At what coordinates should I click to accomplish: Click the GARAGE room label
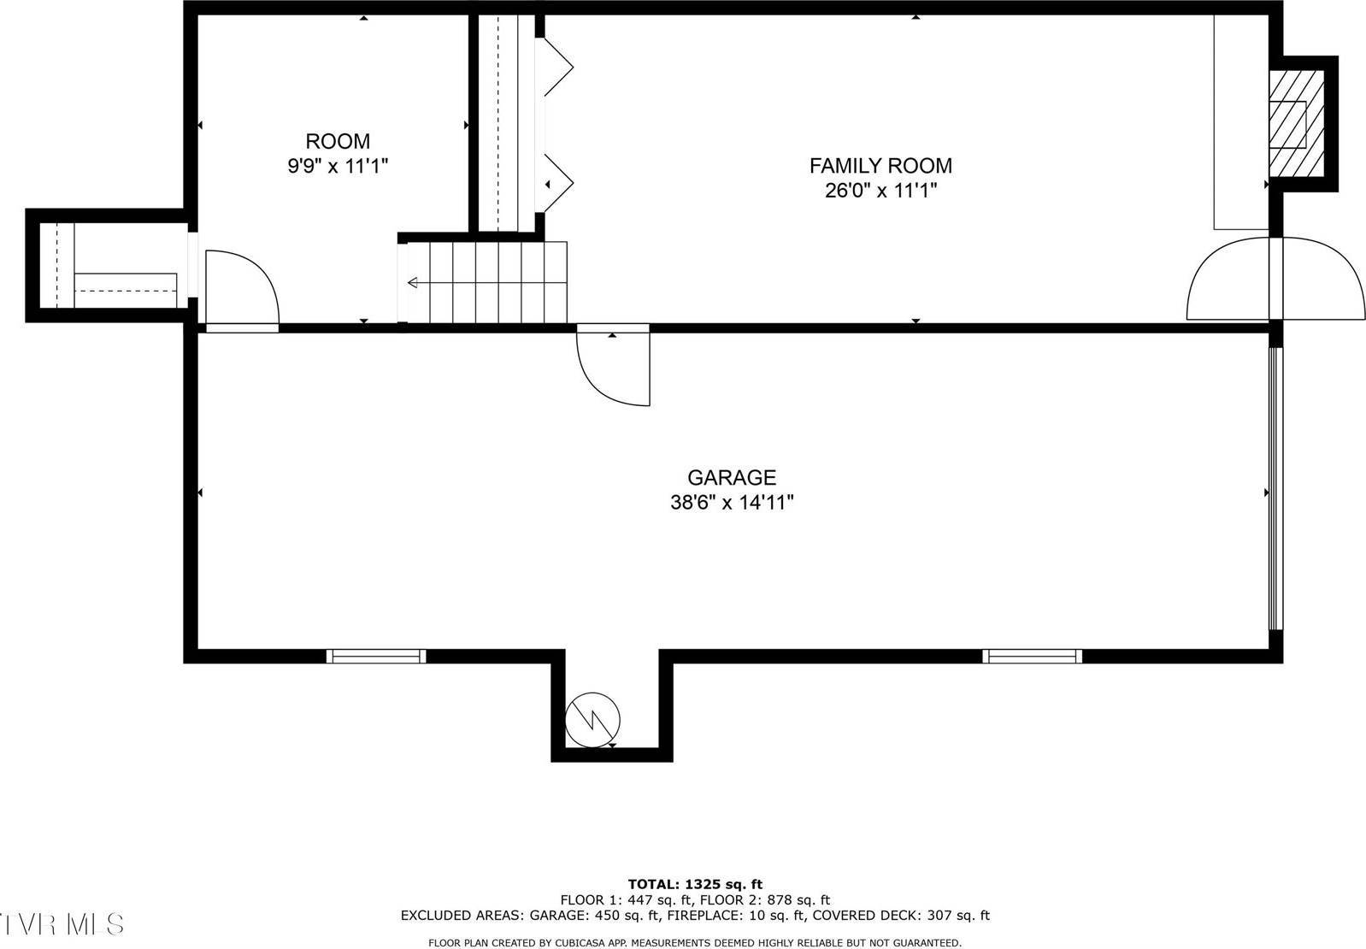731,477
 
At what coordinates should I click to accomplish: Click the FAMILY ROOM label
880,165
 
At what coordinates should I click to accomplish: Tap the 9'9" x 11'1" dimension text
338,166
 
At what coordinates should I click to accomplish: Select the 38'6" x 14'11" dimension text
732,503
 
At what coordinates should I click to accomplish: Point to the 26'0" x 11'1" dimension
880,191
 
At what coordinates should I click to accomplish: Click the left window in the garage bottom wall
376,656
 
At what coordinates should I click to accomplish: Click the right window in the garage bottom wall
1032,656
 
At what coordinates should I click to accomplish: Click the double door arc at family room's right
1274,279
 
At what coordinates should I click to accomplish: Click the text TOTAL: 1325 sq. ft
695,884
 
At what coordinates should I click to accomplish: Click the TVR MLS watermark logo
62,924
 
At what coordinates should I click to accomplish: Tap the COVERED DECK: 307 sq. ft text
900,916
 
